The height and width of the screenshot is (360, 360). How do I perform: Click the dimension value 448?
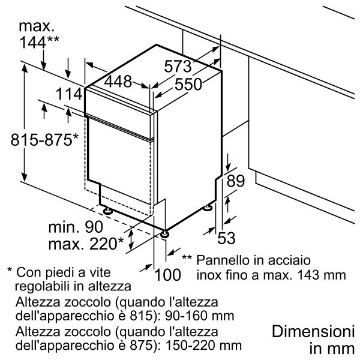pos(118,82)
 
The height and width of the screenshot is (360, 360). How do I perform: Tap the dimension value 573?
pos(178,66)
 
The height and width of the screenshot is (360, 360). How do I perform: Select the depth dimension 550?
pos(188,85)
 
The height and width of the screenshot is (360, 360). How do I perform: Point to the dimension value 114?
pos(70,94)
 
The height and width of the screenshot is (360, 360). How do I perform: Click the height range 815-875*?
pos(44,140)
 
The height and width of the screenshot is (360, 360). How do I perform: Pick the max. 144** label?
pos(38,34)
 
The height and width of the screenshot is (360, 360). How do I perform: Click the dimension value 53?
pos(226,238)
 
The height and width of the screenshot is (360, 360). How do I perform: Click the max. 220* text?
pos(85,243)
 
